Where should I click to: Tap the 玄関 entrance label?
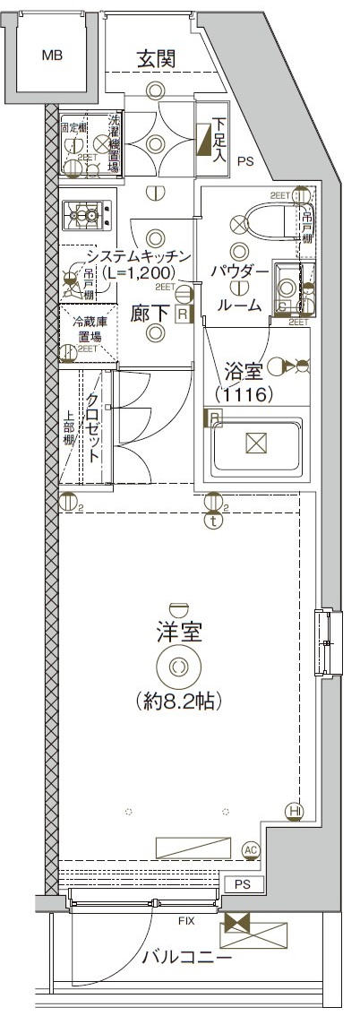pos(155,58)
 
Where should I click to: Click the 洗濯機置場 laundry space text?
pos(114,142)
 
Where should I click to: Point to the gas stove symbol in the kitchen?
pos(87,214)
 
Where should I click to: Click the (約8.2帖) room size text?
pos(180,700)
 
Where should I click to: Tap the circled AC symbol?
pos(251,849)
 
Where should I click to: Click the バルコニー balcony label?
pos(187,957)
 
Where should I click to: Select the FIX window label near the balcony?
pos(187,919)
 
